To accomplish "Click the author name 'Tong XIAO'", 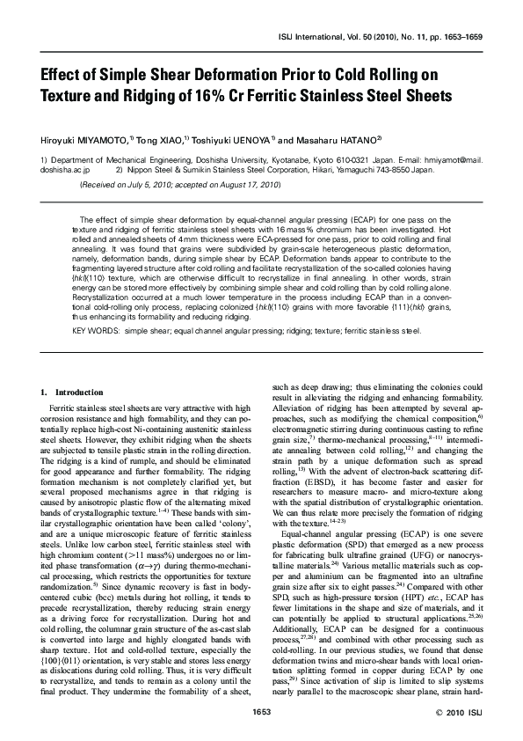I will pos(160,139).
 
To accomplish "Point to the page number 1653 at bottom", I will pos(261,711).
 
